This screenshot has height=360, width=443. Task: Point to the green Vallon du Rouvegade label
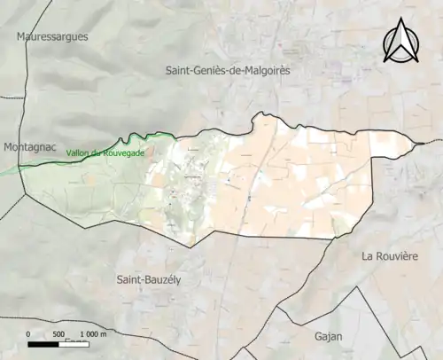105,153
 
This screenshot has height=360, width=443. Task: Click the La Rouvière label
390,256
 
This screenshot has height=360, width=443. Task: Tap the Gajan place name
328,336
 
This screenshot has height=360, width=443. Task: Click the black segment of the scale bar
47,342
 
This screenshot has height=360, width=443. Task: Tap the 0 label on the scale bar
28,333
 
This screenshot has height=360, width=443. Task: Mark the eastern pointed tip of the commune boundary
419,143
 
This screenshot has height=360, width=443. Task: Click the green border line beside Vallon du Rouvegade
133,138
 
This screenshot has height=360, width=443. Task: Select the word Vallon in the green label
79,153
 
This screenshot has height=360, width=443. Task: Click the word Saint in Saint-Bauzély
131,279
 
